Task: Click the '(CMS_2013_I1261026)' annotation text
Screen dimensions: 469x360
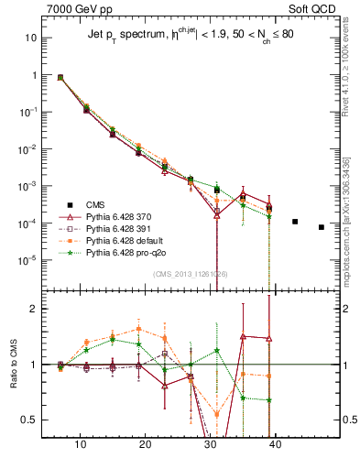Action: [x=190, y=273]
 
